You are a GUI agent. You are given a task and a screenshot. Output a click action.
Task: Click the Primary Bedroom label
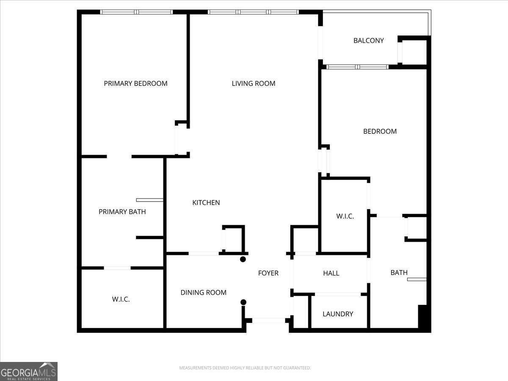[135, 83]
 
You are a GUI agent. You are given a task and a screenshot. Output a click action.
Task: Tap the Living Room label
[253, 83]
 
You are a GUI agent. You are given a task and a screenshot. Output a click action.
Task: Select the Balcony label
[368, 41]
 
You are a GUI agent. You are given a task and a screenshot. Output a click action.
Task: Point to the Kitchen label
[206, 203]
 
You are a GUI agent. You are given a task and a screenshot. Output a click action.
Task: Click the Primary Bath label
[122, 212]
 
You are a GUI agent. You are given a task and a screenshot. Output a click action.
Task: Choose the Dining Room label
[203, 293]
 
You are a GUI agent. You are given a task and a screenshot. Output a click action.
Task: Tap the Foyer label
[268, 273]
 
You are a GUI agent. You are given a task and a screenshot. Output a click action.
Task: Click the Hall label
[331, 273]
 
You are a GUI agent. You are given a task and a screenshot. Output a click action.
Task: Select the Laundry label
[337, 314]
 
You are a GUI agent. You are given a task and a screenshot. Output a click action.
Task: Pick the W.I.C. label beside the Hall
[345, 216]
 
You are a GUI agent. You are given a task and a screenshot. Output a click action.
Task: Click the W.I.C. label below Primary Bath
[121, 299]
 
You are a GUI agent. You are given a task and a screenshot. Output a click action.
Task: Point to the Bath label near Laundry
[399, 273]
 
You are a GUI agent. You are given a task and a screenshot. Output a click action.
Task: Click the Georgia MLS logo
[29, 371]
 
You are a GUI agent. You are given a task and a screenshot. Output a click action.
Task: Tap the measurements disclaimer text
[245, 368]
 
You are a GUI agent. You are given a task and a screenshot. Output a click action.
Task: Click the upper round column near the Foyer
[243, 260]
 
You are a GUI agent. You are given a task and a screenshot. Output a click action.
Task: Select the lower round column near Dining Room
[243, 302]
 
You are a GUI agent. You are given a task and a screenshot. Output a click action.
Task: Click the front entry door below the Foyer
[268, 320]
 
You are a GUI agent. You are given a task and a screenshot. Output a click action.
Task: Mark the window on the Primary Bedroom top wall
[136, 12]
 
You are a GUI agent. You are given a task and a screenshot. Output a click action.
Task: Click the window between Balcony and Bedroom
[357, 67]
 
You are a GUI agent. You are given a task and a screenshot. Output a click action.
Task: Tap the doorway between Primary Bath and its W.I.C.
[117, 268]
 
